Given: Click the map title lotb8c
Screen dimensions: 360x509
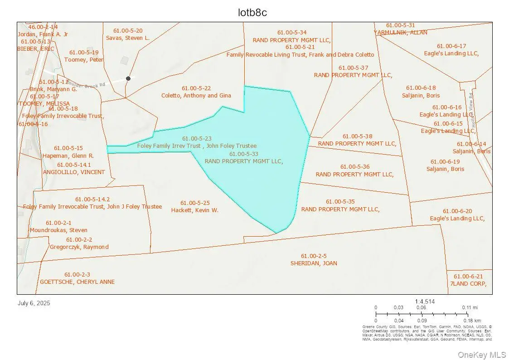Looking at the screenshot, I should click(x=252, y=13).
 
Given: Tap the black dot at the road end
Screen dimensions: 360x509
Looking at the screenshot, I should click(x=128, y=78).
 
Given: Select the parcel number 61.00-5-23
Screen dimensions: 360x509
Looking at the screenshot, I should click(x=197, y=138).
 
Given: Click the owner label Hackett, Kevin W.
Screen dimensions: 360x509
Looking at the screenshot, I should click(x=194, y=210).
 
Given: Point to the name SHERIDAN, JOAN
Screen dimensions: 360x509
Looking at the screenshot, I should click(x=314, y=263).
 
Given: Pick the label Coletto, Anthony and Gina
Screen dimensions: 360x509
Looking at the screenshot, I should click(x=196, y=96).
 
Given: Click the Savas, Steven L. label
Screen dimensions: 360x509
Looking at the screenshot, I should click(x=128, y=38).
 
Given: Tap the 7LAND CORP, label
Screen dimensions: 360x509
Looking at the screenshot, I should click(x=468, y=284).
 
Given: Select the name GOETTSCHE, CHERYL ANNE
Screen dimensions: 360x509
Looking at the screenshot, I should click(x=77, y=282).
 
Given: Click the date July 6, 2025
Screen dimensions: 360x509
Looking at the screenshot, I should click(x=34, y=303).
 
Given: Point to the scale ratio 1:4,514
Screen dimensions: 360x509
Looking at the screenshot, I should click(x=425, y=302).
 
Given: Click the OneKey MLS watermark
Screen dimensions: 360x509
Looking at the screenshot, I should click(x=481, y=355).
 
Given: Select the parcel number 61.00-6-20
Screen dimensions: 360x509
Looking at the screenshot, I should click(x=457, y=211).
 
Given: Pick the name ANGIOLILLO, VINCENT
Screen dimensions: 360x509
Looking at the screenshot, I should click(x=74, y=172).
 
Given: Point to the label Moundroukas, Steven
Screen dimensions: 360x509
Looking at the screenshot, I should click(x=58, y=230).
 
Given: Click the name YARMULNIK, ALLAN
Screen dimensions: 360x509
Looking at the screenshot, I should click(x=400, y=33).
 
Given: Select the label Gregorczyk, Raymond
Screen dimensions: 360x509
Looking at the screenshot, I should click(x=79, y=247).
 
